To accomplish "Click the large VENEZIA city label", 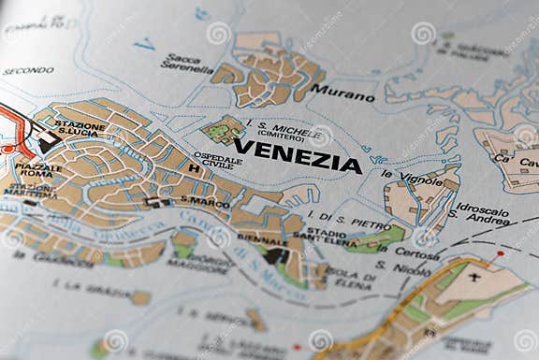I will tap(297, 155).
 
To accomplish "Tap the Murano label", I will tap(342, 93).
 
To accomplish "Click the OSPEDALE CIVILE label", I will tap(217, 160).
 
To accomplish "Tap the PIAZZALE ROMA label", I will tap(38, 171).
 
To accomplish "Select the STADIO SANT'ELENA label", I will tap(332, 237).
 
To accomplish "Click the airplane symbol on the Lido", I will tap(474, 278).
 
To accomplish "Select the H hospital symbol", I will tap(194, 168).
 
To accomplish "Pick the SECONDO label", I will tap(28, 71).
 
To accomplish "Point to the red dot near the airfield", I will tap(500, 253).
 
